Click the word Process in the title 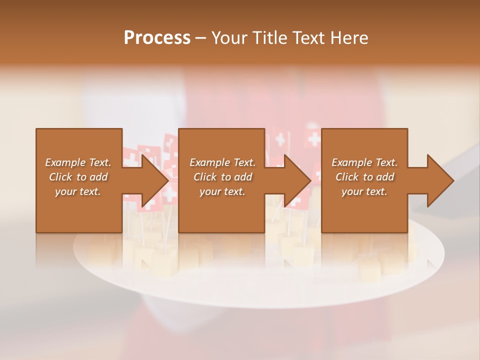tap(157, 38)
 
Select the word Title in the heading tap(269, 38)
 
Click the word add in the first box tap(98, 177)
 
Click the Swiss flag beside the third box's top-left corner tap(313, 138)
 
